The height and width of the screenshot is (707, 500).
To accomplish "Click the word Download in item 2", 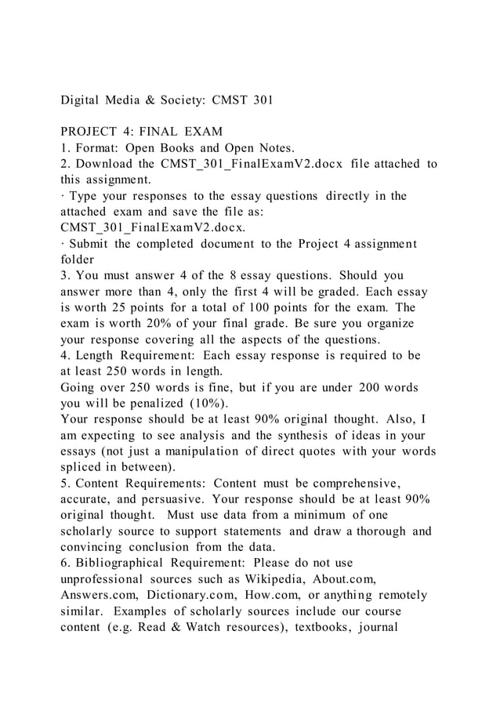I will point(104,163).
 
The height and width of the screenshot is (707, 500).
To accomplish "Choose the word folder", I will point(78,262).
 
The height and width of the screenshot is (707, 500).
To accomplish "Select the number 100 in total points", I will point(280,309).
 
